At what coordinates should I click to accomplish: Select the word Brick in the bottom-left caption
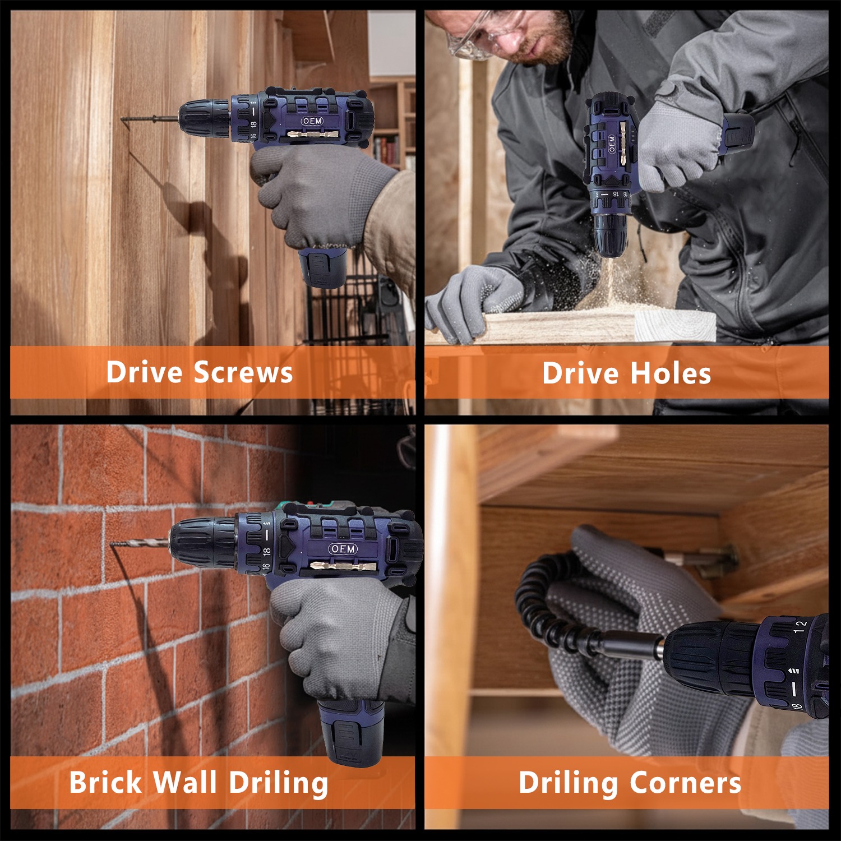(x=105, y=782)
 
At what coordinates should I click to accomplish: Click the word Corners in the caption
(x=685, y=783)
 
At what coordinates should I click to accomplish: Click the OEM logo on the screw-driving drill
(x=312, y=121)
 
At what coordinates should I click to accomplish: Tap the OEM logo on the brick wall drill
(x=343, y=549)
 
